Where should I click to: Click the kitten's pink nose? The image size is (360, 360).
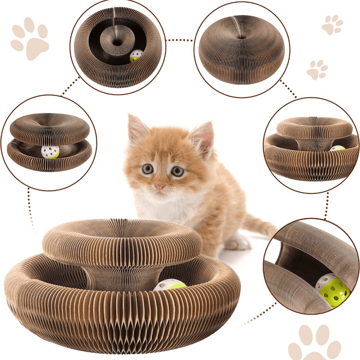(160, 185)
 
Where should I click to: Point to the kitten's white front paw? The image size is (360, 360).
(237, 243)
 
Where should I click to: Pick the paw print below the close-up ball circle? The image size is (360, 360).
(315, 342)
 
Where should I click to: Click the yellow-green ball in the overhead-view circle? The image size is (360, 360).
(136, 56)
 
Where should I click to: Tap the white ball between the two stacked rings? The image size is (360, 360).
(50, 152)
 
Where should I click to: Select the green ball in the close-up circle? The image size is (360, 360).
(333, 290)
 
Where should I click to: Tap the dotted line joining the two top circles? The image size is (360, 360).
(180, 40)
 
